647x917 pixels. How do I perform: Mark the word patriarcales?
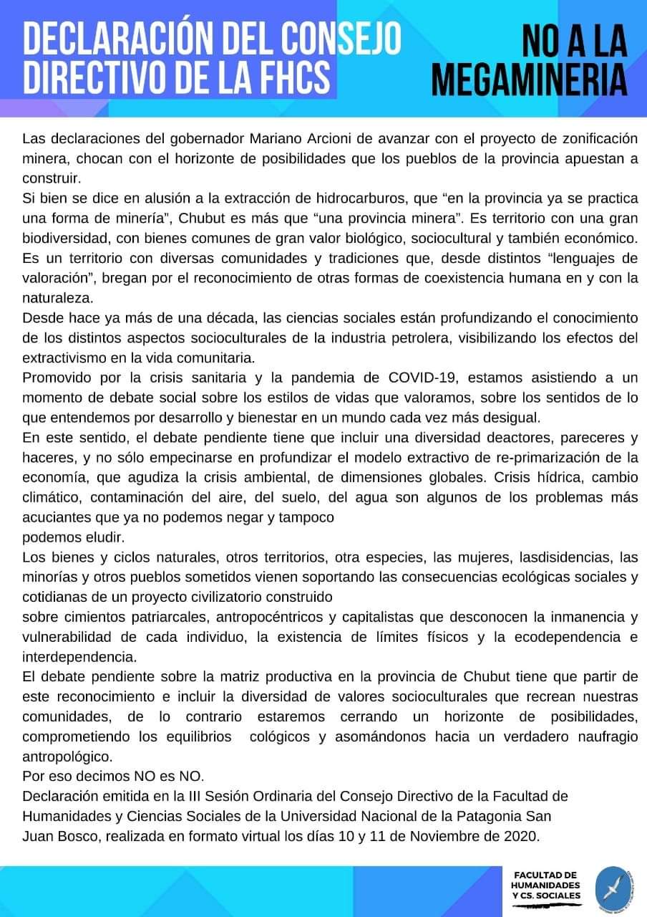click(x=160, y=616)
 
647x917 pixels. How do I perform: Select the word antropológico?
click(x=67, y=756)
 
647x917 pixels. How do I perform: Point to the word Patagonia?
click(x=482, y=815)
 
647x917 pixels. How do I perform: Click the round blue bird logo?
click(x=613, y=886)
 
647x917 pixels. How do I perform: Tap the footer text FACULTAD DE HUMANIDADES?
click(x=545, y=880)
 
